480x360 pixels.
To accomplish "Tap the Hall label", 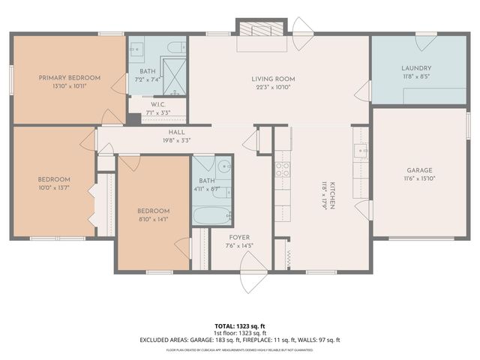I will (x=177, y=132).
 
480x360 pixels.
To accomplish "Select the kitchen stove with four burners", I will (x=283, y=169).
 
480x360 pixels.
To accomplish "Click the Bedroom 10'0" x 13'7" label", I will (x=54, y=179).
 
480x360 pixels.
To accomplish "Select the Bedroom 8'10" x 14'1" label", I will (x=153, y=211).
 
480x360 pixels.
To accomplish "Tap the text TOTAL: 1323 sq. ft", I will (x=240, y=326).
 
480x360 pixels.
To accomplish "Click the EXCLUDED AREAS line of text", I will (x=240, y=339).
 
